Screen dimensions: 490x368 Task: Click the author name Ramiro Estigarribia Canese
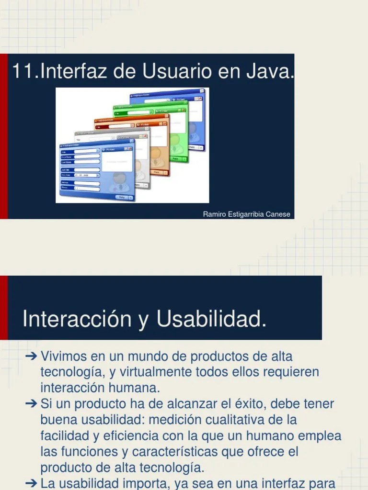pos(246,214)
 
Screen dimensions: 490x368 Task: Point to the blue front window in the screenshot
pos(96,172)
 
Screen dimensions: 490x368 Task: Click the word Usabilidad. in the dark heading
pos(211,319)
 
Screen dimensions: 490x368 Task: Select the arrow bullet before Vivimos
pos(32,356)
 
